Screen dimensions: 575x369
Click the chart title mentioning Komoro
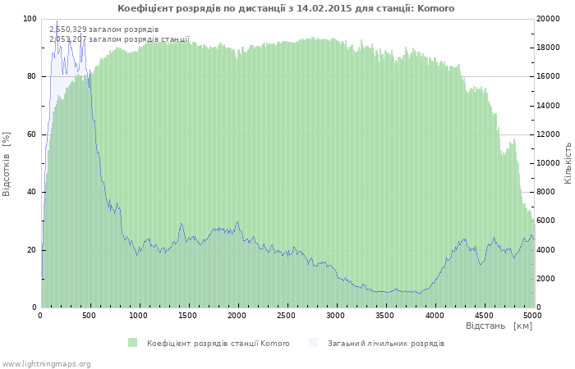coord(286,8)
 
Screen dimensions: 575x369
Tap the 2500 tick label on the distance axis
coord(287,316)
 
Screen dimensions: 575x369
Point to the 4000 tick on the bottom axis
coord(435,316)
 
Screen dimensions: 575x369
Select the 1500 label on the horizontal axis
coord(188,316)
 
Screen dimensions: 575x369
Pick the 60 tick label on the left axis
coord(32,134)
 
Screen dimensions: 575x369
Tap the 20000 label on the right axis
coord(548,19)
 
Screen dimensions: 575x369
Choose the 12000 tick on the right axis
coord(548,134)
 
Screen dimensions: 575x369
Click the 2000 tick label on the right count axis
coord(546,279)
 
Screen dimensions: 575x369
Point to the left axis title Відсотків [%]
coord(7,164)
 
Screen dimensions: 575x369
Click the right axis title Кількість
coord(568,163)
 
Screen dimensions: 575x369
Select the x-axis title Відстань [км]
coord(499,326)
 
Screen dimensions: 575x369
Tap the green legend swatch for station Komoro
coord(133,343)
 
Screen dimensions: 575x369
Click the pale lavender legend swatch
coord(313,343)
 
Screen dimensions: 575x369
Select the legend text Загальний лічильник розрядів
coord(386,344)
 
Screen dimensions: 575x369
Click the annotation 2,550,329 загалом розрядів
coord(104,30)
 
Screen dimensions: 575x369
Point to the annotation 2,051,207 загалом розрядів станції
coord(120,39)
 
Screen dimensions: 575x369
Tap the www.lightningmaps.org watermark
coord(46,364)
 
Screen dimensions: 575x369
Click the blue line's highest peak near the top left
coord(57,20)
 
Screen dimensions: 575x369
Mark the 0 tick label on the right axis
coord(539,307)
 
